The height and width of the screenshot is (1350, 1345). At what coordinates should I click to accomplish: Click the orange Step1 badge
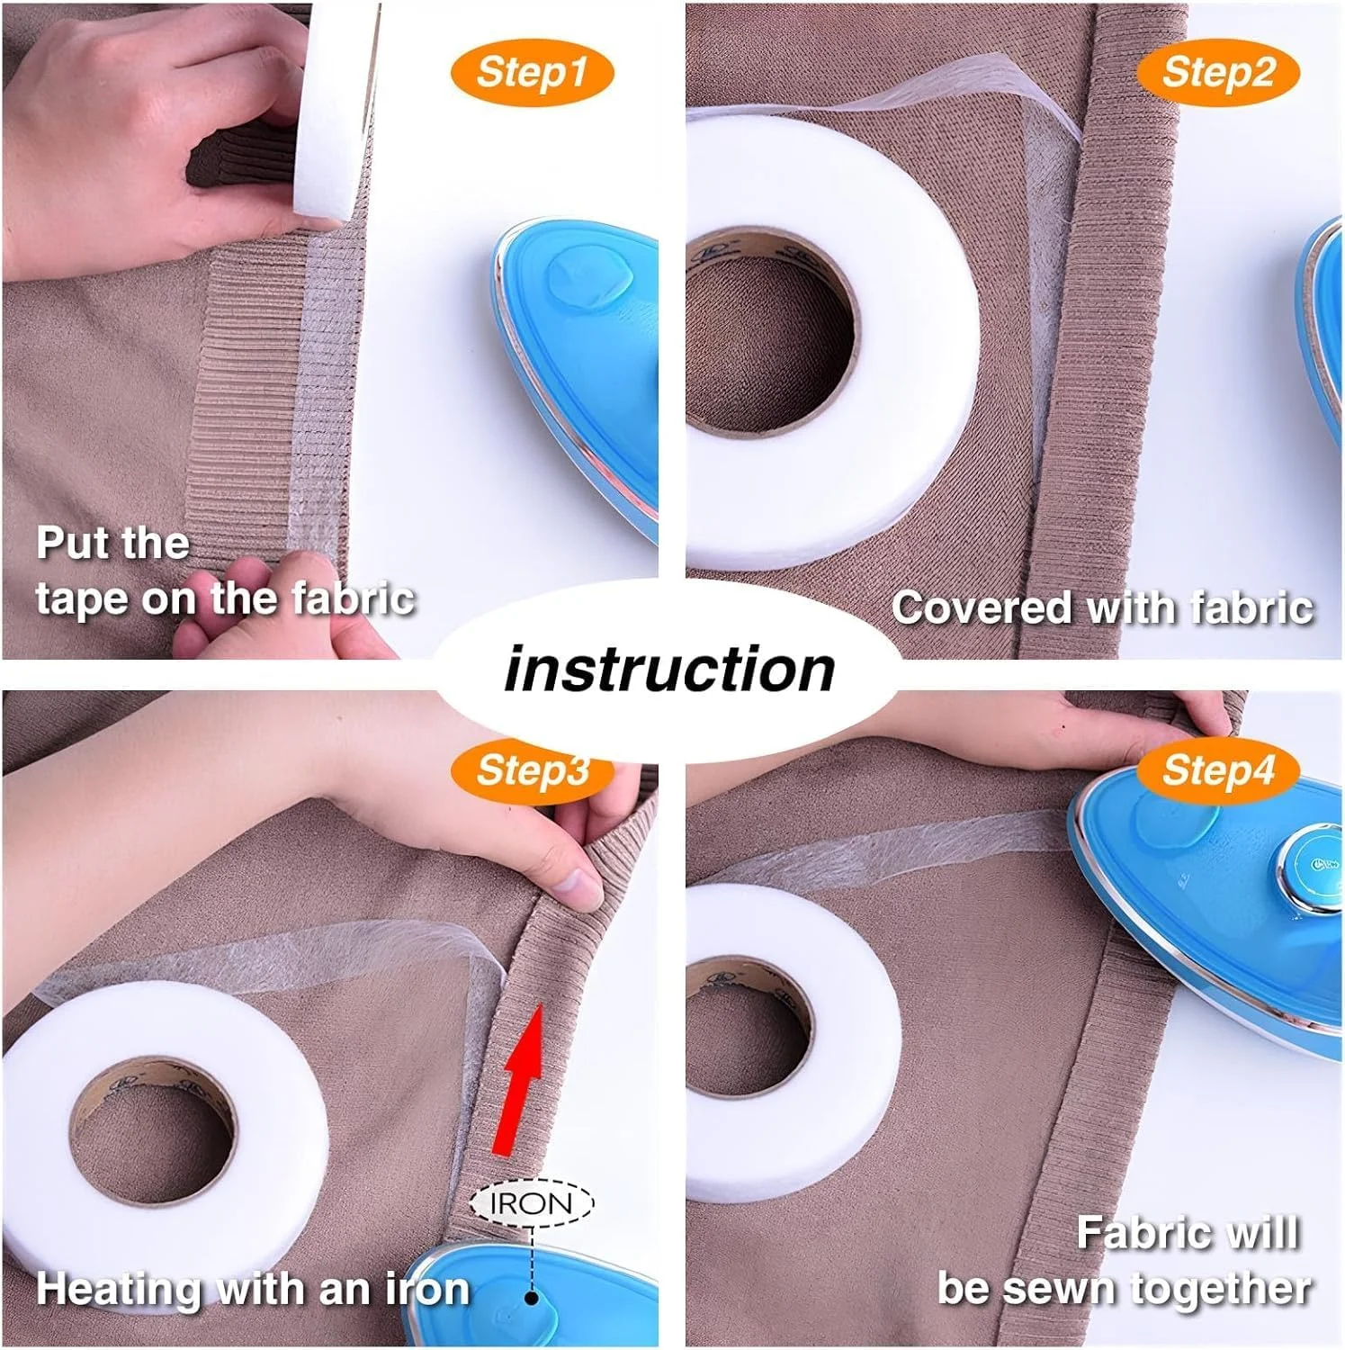coord(532,73)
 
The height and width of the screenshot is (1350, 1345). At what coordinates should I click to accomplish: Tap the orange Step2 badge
coord(1218,73)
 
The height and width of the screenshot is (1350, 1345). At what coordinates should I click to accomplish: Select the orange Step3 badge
coord(532,770)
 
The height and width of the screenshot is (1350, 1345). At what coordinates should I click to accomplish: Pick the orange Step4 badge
coord(1218,770)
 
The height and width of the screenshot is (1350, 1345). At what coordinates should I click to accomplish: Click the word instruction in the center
coord(670,670)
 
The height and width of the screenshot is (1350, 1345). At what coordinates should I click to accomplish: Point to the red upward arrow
coord(521,1079)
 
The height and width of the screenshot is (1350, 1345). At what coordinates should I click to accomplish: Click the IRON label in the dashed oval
coord(532,1203)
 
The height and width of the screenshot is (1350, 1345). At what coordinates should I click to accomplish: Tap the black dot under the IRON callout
coord(532,1298)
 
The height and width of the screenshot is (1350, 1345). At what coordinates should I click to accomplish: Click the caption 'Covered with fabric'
coord(1102,607)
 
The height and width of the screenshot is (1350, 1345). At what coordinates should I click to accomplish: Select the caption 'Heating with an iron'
coord(253,1289)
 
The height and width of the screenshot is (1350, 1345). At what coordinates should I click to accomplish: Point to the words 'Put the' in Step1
coord(113,543)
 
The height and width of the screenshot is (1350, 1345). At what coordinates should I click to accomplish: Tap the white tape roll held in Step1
coord(335,112)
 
